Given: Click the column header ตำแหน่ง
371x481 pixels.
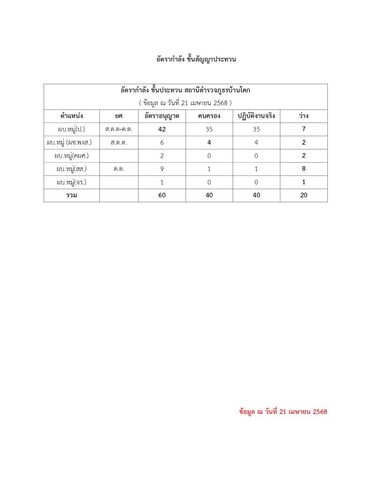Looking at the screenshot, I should (72, 116).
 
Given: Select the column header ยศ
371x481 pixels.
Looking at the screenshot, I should (119, 116).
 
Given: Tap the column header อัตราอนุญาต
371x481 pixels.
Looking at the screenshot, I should (162, 116).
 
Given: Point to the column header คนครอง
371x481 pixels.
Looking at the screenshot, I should (209, 116).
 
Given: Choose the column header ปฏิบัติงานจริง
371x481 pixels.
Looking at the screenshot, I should (256, 116).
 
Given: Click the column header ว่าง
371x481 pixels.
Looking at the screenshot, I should (304, 116).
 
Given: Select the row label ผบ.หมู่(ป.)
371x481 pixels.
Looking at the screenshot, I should (72, 129).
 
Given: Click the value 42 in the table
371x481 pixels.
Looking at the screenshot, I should (162, 129).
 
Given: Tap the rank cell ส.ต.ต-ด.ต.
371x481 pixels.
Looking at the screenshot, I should (119, 129).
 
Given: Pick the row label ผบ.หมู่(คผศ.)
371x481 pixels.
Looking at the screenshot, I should (72, 155).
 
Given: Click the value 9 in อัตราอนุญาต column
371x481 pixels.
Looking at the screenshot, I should (162, 169).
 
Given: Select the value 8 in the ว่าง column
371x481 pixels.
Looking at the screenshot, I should (304, 169).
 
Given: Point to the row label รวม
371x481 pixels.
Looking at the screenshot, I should (72, 195).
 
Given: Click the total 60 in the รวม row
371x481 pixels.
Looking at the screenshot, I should (162, 195).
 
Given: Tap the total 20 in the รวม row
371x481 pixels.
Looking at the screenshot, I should (304, 195).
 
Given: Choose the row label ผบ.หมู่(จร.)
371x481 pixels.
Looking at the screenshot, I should (72, 182).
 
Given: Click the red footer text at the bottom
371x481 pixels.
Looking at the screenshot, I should (283, 411).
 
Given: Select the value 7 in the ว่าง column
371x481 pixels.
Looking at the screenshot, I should (304, 129).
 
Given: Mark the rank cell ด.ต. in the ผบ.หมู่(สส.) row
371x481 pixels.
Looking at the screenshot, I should (119, 169).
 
